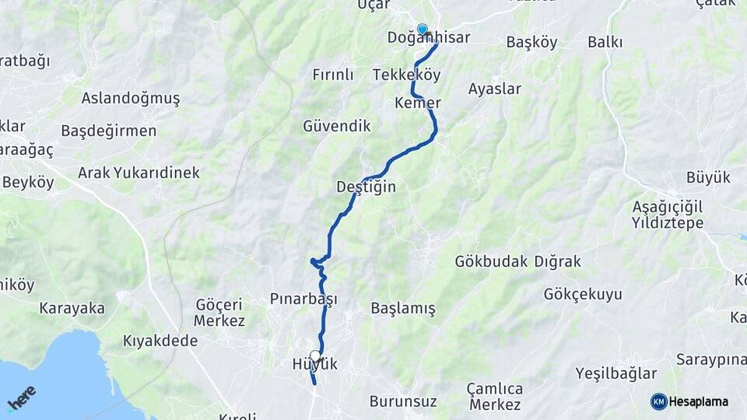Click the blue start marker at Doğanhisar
pyautogui.click(x=423, y=30)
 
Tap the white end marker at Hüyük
pyautogui.click(x=315, y=356)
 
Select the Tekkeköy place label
pyautogui.click(x=406, y=75)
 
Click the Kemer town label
pyautogui.click(x=418, y=103)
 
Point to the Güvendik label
pyautogui.click(x=337, y=125)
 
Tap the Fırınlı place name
pyautogui.click(x=333, y=75)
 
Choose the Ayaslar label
pyautogui.click(x=495, y=89)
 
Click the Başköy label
pyautogui.click(x=531, y=42)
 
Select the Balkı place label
pyautogui.click(x=605, y=42)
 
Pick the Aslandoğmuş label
pyautogui.click(x=131, y=98)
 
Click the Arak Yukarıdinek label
pyautogui.click(x=139, y=173)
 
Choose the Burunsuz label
pyautogui.click(x=403, y=402)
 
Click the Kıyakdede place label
pyautogui.click(x=160, y=341)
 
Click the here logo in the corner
pyautogui.click(x=22, y=397)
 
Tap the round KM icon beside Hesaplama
pyautogui.click(x=659, y=401)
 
